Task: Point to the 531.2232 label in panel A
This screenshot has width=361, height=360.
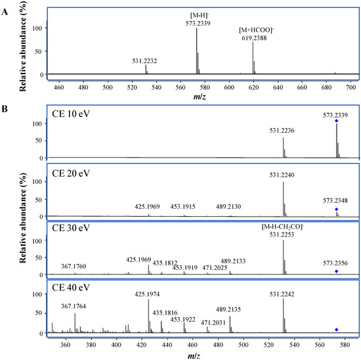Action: pos(146,60)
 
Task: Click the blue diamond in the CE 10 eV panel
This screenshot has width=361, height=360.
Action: pos(337,121)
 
